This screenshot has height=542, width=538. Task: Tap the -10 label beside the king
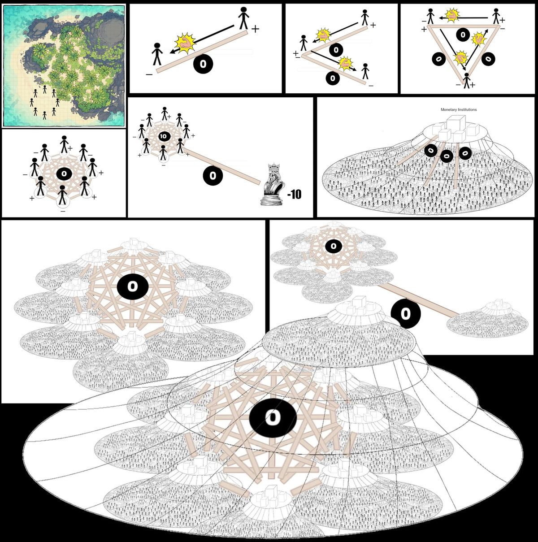point(294,194)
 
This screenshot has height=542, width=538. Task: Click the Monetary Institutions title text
point(459,109)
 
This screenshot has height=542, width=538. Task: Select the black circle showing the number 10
point(163,136)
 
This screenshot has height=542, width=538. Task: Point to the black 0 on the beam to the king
point(213,175)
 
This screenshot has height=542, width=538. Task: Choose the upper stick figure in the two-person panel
point(243,18)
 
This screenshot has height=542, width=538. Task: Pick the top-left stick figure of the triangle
point(431,16)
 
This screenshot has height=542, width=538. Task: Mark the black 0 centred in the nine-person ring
point(64,173)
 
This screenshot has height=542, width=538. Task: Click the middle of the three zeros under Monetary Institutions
point(447,156)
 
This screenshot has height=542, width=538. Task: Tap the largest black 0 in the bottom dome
point(272,418)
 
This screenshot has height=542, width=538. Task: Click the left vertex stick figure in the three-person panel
point(304,43)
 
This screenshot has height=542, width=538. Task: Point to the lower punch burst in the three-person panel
point(346,64)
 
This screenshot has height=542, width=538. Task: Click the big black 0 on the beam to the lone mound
point(405,313)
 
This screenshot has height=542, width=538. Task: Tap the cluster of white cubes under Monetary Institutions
point(455,128)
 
